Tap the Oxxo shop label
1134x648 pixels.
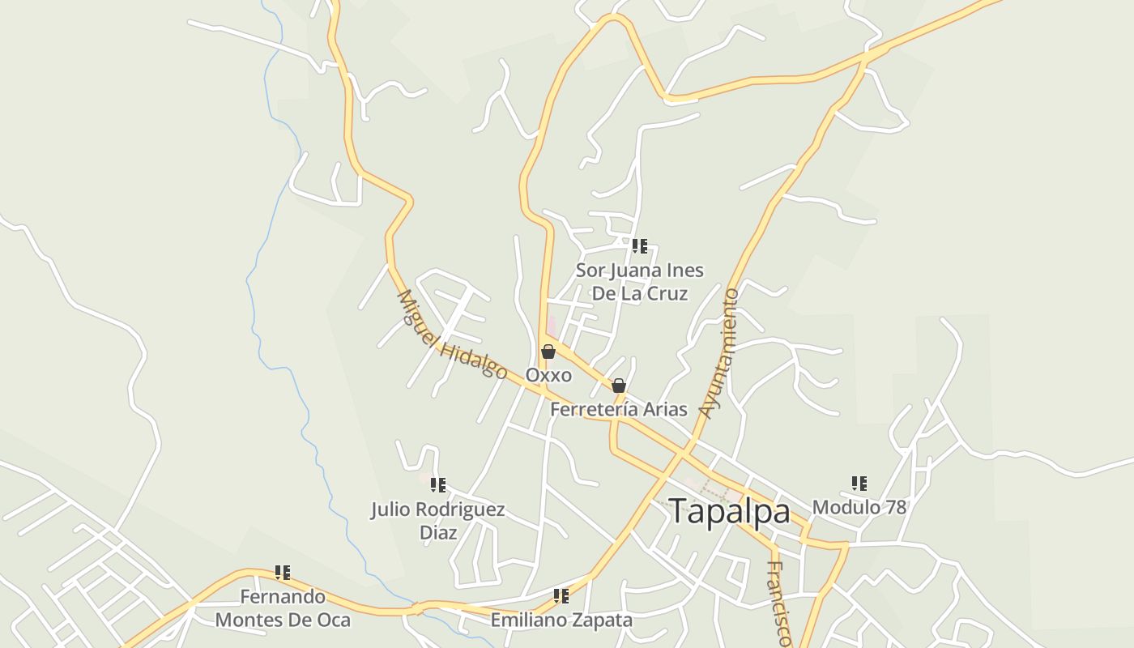pyautogui.click(x=548, y=375)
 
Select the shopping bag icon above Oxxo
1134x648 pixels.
pyautogui.click(x=548, y=352)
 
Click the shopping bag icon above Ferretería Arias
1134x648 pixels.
pyautogui.click(x=619, y=386)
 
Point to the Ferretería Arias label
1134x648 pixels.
pyautogui.click(x=619, y=409)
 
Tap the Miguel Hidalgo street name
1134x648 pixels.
pyautogui.click(x=451, y=334)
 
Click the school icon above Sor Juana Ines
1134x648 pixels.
pyautogui.click(x=640, y=245)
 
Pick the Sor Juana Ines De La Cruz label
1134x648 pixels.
pyautogui.click(x=640, y=281)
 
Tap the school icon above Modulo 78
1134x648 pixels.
pyautogui.click(x=859, y=484)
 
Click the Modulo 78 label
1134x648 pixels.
pyautogui.click(x=859, y=507)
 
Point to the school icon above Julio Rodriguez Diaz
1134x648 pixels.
pyautogui.click(x=438, y=485)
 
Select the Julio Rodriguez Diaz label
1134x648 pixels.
pyautogui.click(x=438, y=521)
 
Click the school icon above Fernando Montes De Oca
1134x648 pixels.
pyautogui.click(x=283, y=573)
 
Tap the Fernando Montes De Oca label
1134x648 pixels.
pyautogui.click(x=283, y=608)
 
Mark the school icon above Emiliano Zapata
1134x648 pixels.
pyautogui.click(x=561, y=597)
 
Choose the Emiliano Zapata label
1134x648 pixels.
pyautogui.click(x=561, y=620)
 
